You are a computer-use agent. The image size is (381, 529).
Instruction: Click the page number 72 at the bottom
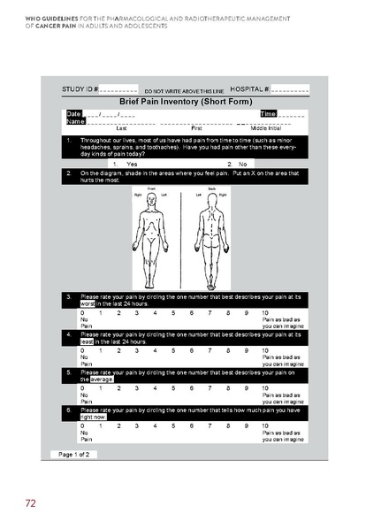click(x=30, y=503)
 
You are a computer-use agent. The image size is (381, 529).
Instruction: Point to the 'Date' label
click(x=73, y=114)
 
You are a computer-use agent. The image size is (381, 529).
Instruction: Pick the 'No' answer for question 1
click(x=242, y=164)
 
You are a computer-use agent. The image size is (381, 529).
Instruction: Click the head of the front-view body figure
click(x=151, y=196)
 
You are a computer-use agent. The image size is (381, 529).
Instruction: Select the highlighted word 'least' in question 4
click(x=87, y=341)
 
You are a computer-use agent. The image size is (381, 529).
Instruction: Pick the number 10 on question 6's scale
click(x=266, y=425)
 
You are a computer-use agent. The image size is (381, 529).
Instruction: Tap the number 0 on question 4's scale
click(x=82, y=350)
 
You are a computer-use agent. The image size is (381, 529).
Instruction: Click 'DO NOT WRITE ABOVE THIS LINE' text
click(x=184, y=91)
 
